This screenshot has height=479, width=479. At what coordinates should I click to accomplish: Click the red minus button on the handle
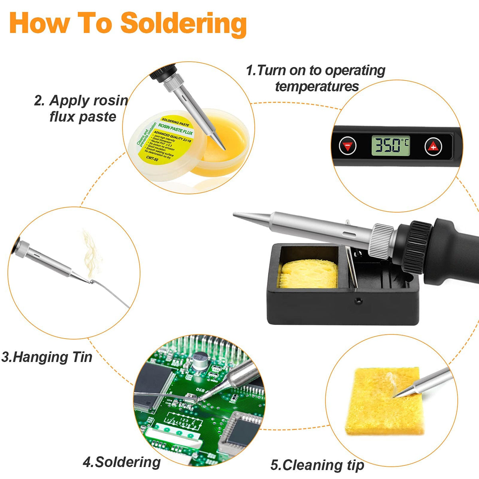click(348, 146)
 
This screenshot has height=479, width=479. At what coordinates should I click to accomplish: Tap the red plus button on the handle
click(433, 147)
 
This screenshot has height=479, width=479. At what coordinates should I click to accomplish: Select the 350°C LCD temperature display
click(390, 146)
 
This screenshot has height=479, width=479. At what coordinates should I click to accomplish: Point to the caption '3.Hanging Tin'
click(47, 356)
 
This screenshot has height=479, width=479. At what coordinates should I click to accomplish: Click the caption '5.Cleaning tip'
click(317, 465)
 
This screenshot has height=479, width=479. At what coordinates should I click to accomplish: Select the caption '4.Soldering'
click(122, 462)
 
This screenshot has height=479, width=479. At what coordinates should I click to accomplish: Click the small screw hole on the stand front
click(359, 301)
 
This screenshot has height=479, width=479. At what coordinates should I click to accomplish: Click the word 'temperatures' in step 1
click(317, 86)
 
